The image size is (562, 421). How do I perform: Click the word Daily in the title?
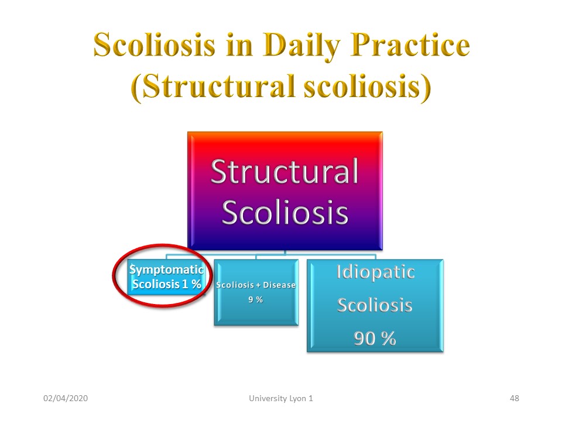tap(302, 46)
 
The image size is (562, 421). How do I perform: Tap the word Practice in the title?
tap(410, 44)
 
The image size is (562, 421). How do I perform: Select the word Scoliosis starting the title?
tap(155, 44)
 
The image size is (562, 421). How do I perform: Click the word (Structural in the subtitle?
tap(213, 87)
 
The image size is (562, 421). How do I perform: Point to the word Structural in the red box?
tap(285, 171)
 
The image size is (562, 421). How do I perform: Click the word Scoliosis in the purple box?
tap(285, 212)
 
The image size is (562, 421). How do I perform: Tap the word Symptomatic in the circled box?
tap(167, 270)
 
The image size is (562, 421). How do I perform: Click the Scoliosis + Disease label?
tap(256, 285)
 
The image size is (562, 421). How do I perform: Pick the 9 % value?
tap(256, 299)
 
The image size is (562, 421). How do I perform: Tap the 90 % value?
tap(375, 339)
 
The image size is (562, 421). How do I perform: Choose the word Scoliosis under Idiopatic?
tap(375, 305)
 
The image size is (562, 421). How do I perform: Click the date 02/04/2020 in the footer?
tap(66, 398)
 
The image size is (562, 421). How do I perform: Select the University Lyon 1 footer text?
tap(281, 398)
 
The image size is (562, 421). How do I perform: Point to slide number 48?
tap(515, 398)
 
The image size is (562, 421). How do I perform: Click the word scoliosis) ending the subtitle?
tap(368, 87)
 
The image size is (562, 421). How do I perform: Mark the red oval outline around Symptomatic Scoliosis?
tap(113, 275)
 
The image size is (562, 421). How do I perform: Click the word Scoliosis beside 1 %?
tap(156, 284)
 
